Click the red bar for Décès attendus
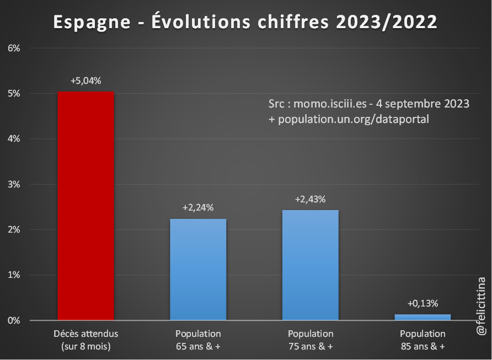tap(86, 206)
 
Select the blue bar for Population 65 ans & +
tap(198, 269)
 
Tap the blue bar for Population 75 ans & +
tap(310, 265)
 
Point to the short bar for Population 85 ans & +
tap(423, 317)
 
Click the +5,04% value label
tap(86, 80)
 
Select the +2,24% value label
tap(198, 208)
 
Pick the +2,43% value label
tap(310, 199)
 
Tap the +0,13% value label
tap(423, 303)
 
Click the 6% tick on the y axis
tap(14, 48)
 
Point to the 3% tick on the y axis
tap(14, 184)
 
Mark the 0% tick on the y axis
tap(14, 320)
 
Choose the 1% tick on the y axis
tap(14, 275)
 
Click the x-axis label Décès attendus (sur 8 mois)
tap(86, 340)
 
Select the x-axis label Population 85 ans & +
tap(423, 340)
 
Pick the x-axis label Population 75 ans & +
tap(310, 340)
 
